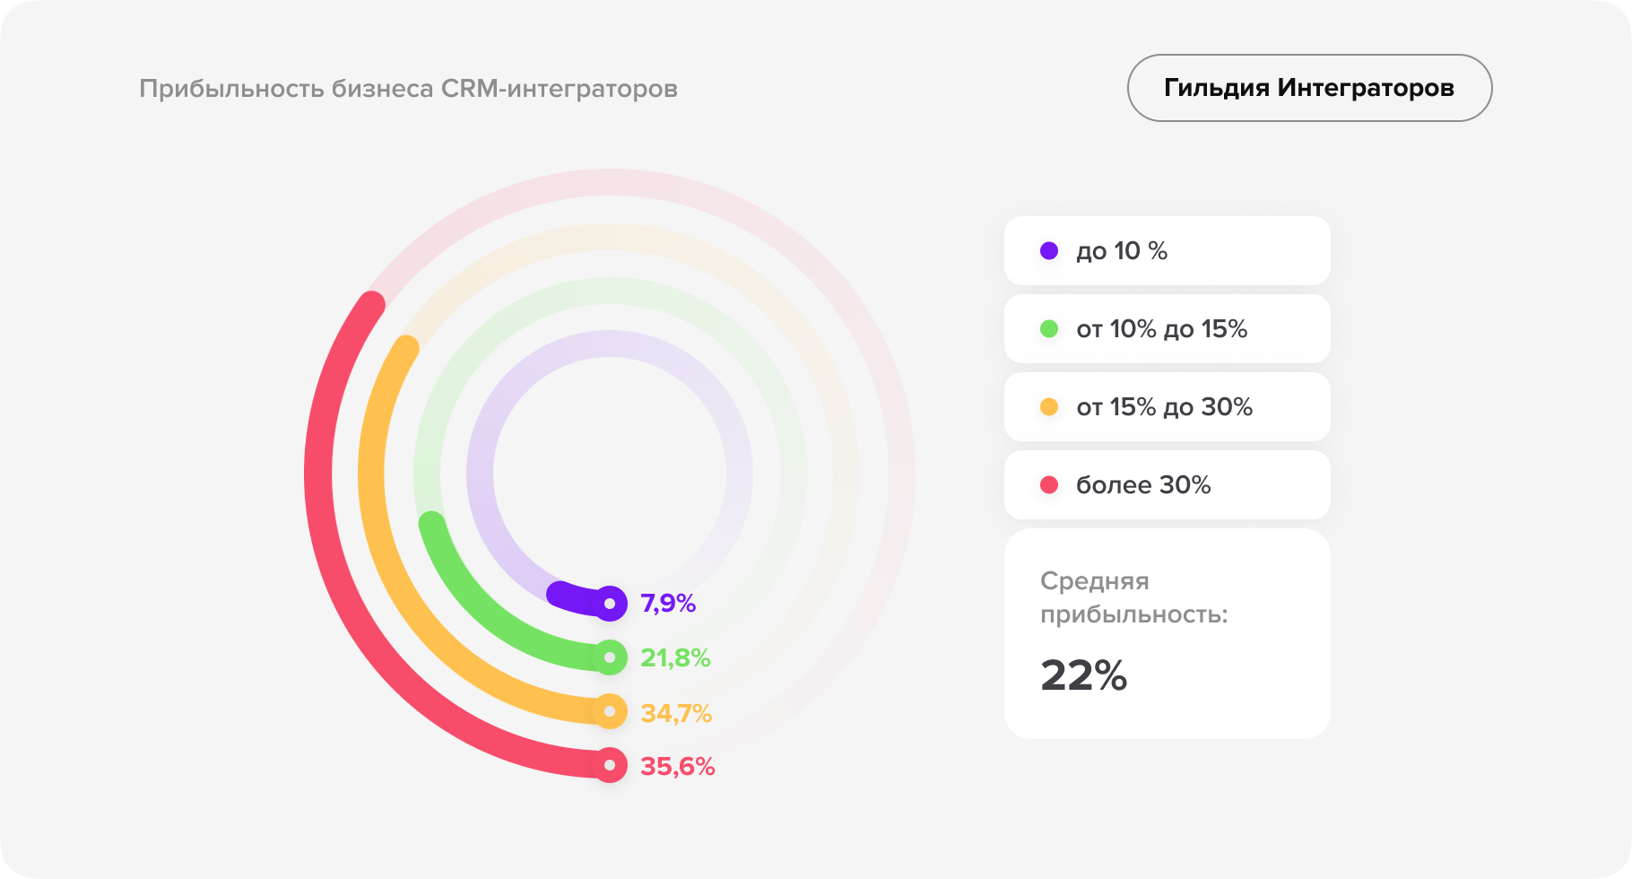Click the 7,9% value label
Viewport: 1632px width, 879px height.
[668, 604]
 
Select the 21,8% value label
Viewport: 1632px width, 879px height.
[675, 658]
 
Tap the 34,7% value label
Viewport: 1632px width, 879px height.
[676, 713]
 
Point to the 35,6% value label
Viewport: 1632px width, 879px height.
[677, 767]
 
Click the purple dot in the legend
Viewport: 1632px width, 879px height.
[1049, 251]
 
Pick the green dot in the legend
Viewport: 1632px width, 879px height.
[1049, 329]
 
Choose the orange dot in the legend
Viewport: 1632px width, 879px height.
[1049, 407]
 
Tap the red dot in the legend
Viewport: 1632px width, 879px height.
[1049, 485]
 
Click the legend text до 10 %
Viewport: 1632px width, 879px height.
[1122, 251]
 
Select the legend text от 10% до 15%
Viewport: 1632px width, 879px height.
[1162, 329]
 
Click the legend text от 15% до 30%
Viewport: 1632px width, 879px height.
[1164, 407]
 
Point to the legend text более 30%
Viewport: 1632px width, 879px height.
[1143, 485]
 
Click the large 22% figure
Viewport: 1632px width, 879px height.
[1083, 676]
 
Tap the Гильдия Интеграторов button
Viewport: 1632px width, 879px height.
[1309, 88]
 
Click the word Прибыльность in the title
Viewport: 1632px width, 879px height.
[232, 89]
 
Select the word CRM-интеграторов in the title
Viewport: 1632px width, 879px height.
[559, 89]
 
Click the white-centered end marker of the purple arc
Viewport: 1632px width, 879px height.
[610, 604]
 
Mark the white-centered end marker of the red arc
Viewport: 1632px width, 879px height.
[610, 765]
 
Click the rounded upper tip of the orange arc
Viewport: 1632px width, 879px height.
[407, 348]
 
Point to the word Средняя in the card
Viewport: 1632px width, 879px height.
[1094, 581]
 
